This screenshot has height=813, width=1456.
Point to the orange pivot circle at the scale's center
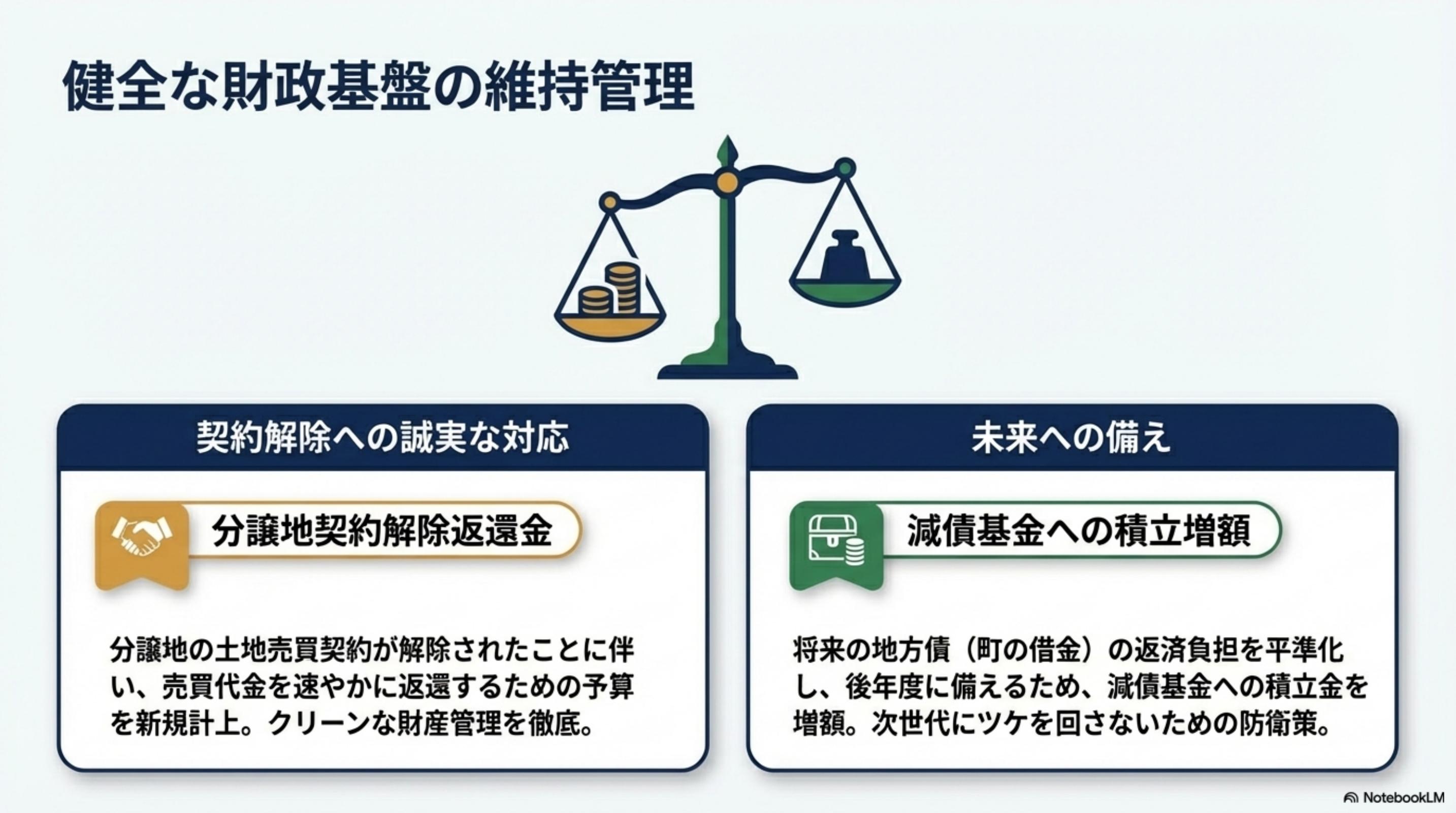pyautogui.click(x=727, y=182)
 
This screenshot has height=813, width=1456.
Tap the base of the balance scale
pyautogui.click(x=727, y=370)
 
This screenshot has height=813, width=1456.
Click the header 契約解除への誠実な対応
pyautogui.click(x=382, y=439)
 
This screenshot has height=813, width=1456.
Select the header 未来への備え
pyautogui.click(x=1072, y=439)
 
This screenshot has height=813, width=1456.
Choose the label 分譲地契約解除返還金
pyautogui.click(x=382, y=531)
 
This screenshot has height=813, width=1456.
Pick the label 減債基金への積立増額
pyautogui.click(x=1079, y=531)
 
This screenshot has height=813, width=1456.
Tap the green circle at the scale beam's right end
pyautogui.click(x=845, y=167)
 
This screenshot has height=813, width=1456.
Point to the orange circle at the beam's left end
pyautogui.click(x=610, y=201)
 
